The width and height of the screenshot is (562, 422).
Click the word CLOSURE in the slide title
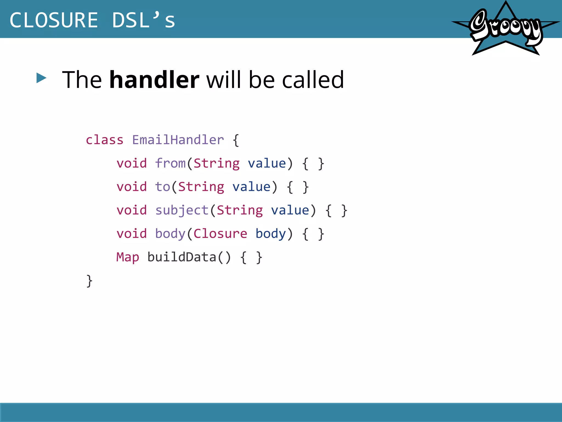pyautogui.click(x=54, y=20)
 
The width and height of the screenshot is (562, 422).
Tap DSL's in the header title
pyautogui.click(x=143, y=20)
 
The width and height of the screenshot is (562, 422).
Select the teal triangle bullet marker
pyautogui.click(x=41, y=78)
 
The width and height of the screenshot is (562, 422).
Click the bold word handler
pyautogui.click(x=154, y=80)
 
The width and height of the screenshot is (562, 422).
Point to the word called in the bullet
pyautogui.click(x=313, y=80)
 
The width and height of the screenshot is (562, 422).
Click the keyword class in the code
pyautogui.click(x=105, y=140)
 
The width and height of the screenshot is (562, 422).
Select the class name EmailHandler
pyautogui.click(x=178, y=140)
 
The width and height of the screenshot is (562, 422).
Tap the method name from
pyautogui.click(x=170, y=163)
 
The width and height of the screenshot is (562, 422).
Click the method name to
pyautogui.click(x=162, y=187)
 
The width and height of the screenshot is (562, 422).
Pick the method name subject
pyautogui.click(x=182, y=210)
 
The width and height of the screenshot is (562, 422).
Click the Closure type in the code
pyautogui.click(x=220, y=234)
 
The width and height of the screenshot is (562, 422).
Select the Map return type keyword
pyautogui.click(x=128, y=257)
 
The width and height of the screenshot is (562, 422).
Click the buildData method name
pyautogui.click(x=182, y=257)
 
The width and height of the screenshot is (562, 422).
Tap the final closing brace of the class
pyautogui.click(x=89, y=281)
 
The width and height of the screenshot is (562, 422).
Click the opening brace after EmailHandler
pyautogui.click(x=236, y=140)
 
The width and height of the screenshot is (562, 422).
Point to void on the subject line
pyautogui.click(x=132, y=210)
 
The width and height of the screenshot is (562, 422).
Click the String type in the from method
pyautogui.click(x=217, y=163)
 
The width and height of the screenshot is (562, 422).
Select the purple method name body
pyautogui.click(x=170, y=234)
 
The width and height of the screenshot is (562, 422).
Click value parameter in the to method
pyautogui.click(x=251, y=187)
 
